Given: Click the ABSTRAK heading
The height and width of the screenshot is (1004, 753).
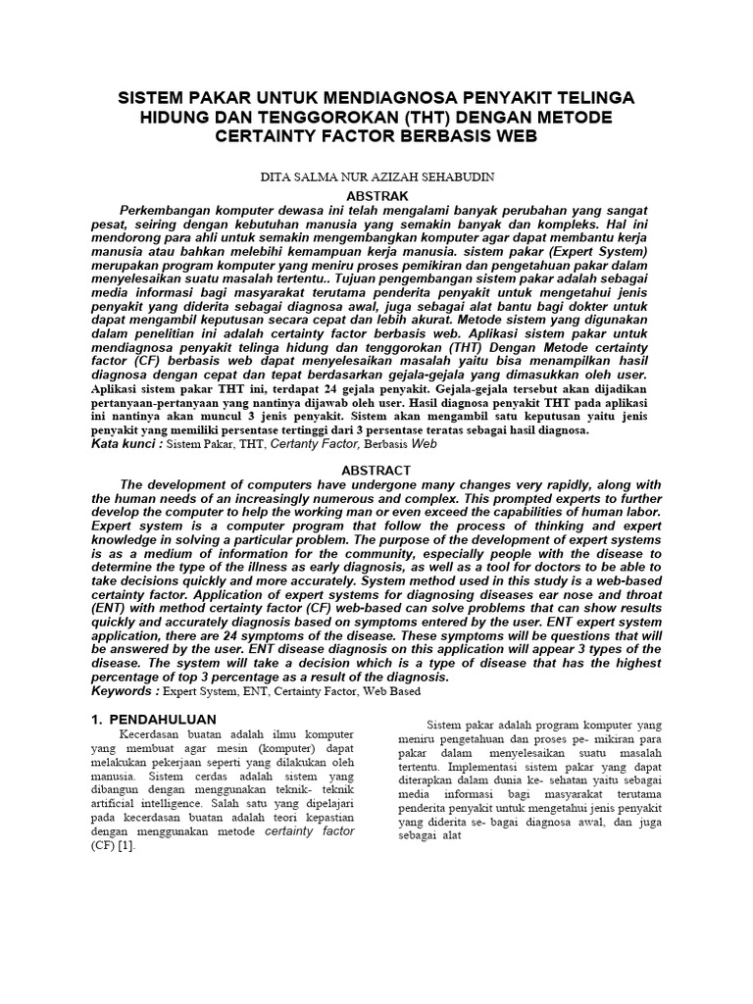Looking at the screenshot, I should (376, 194).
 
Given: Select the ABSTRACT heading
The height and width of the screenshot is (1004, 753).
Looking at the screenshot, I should (376, 470).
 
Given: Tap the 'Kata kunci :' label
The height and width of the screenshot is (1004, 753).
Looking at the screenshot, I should (125, 444).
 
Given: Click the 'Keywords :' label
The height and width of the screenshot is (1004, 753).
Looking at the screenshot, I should (125, 691).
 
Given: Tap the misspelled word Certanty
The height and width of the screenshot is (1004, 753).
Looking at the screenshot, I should (300, 444).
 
